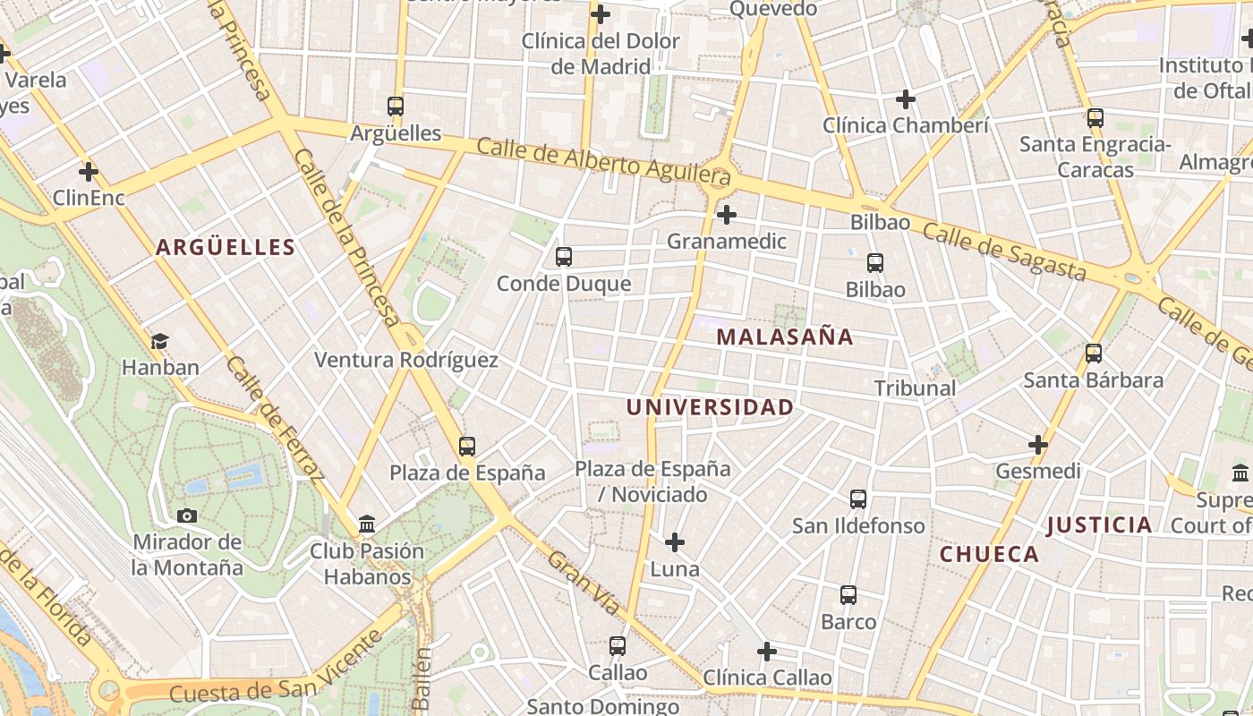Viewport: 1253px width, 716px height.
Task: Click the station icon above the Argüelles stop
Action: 396,107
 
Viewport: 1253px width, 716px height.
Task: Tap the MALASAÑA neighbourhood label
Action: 785,337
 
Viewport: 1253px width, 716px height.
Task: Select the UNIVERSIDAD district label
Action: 710,407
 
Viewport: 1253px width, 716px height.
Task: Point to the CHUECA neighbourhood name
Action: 989,554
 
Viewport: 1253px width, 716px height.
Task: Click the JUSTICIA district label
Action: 1099,525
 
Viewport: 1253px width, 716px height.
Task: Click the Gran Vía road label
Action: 584,583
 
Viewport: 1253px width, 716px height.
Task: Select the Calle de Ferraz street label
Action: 274,417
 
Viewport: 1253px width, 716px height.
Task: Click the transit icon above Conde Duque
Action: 563,257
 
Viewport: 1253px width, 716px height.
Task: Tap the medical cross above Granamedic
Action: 727,215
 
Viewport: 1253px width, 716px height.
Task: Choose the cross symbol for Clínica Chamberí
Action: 906,99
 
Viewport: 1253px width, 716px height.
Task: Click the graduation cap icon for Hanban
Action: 160,341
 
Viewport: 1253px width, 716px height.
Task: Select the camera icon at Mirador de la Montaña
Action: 187,516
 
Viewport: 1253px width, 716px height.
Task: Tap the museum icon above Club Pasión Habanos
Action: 367,524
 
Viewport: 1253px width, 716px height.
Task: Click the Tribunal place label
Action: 915,388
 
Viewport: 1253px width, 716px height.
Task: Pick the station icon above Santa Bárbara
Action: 1093,354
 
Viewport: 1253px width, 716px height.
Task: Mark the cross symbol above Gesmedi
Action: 1038,444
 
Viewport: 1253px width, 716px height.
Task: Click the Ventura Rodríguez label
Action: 405,360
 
